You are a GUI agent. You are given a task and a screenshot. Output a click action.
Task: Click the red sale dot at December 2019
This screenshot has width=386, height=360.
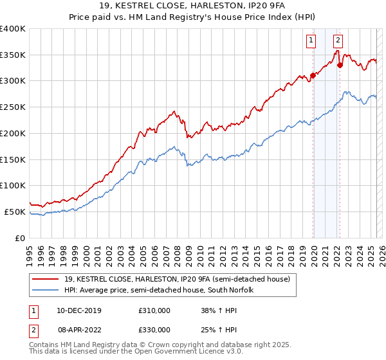pyautogui.click(x=313, y=75)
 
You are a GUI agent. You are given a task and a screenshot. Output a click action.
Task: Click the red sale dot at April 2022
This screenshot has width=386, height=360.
pyautogui.click(x=340, y=65)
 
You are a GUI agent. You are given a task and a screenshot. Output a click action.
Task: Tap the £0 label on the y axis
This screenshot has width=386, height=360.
pyautogui.click(x=20, y=238)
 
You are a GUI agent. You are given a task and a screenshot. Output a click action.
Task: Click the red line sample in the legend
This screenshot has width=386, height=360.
pyautogui.click(x=46, y=280)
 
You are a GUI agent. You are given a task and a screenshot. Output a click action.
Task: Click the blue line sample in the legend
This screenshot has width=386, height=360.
pyautogui.click(x=46, y=290)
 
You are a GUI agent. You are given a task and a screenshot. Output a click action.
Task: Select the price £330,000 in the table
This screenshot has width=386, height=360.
pyautogui.click(x=154, y=330)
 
